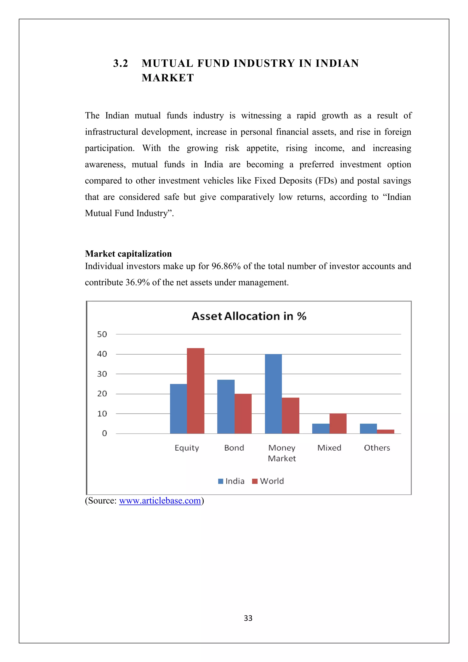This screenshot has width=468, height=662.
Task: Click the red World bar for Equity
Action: click(x=195, y=391)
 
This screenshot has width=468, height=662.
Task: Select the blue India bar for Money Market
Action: click(x=273, y=394)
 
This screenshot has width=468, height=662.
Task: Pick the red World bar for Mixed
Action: click(x=338, y=423)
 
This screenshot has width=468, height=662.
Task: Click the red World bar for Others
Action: click(x=385, y=431)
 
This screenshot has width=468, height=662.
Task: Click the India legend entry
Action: click(x=231, y=481)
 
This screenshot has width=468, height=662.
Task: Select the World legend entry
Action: click(x=268, y=481)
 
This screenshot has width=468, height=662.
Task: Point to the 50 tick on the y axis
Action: click(x=102, y=334)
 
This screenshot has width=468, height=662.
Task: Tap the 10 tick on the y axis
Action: click(x=102, y=414)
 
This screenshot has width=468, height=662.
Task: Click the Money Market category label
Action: click(x=282, y=453)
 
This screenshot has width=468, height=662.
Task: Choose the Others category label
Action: click(x=377, y=448)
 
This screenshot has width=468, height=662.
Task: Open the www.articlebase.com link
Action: click(x=160, y=501)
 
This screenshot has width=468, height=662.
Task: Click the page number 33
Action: click(x=248, y=618)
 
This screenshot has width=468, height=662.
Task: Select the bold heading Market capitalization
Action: click(x=128, y=254)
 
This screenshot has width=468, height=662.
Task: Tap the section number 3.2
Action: click(x=120, y=63)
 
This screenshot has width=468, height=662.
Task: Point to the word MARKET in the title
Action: click(x=168, y=78)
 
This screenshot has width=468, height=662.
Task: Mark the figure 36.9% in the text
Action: click(x=138, y=282)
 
